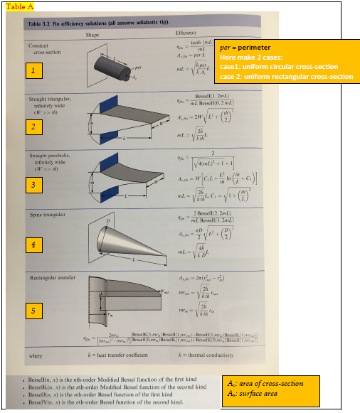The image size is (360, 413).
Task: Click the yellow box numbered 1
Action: [x=32, y=70]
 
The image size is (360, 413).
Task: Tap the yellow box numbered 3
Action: [x=32, y=186]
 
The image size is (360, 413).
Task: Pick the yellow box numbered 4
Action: [x=32, y=246]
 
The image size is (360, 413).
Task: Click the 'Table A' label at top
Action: [x=16, y=6]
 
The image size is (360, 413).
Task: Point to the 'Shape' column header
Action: [x=92, y=34]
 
